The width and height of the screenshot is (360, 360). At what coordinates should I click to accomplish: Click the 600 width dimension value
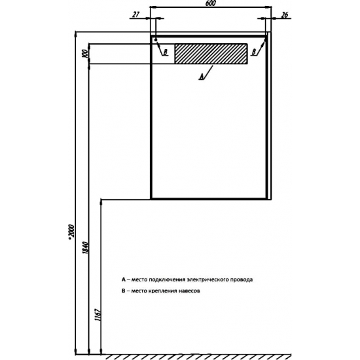point(211,4)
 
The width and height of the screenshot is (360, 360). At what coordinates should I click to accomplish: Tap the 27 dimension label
point(136,14)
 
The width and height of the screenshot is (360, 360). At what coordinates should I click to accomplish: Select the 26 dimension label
point(285,15)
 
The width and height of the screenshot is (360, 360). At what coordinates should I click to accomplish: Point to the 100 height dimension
point(85,54)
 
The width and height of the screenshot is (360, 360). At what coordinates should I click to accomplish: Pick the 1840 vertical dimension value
point(84,247)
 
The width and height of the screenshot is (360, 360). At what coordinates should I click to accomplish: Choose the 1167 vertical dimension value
point(98,315)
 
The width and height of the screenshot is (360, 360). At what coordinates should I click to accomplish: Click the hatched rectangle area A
point(211,54)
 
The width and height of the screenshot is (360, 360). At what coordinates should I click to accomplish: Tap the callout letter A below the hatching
point(202,77)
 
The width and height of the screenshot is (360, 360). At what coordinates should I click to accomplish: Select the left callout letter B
point(166,52)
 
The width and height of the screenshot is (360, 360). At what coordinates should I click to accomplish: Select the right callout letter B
point(254,52)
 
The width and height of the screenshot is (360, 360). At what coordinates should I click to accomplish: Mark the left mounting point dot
point(156,40)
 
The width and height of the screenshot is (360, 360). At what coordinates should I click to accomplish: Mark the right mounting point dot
point(265,40)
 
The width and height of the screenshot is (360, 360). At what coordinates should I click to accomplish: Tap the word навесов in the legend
point(189,291)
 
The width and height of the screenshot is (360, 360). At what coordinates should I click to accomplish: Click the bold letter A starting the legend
point(124,279)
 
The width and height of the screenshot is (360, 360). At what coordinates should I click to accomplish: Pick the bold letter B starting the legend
point(123,291)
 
